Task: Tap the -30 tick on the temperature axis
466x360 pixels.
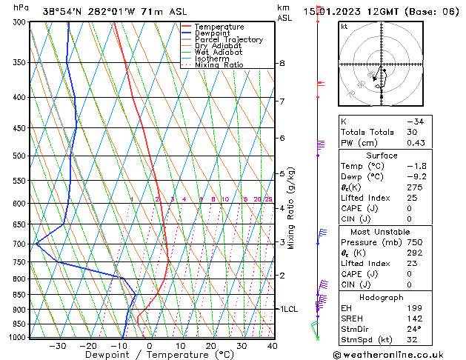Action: coord(57,346)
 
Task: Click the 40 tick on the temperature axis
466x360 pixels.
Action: coord(272,346)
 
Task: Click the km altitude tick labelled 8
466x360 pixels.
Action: coord(282,64)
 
